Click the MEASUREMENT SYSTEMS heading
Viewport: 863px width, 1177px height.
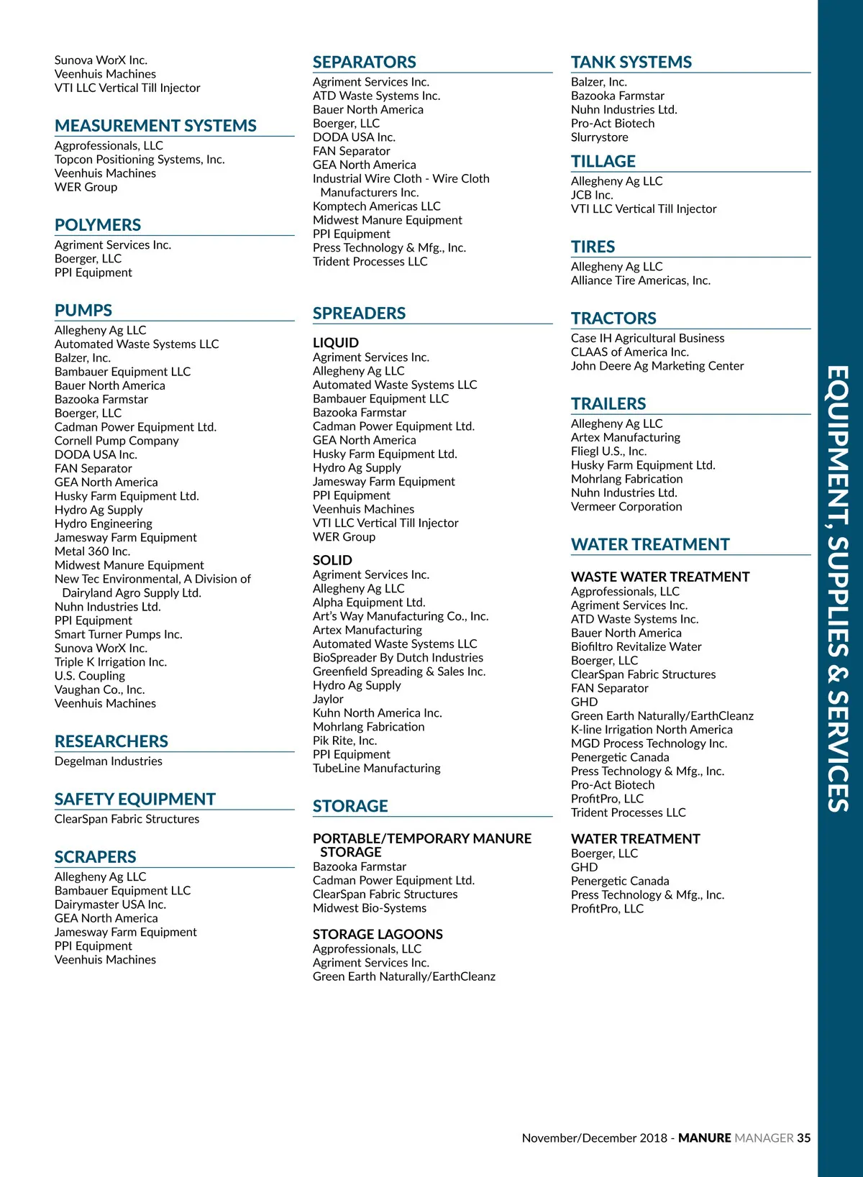155,126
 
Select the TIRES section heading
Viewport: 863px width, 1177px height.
593,247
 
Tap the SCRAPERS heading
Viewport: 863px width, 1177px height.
95,857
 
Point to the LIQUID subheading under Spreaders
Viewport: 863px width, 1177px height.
335,343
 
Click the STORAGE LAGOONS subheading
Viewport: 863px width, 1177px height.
378,934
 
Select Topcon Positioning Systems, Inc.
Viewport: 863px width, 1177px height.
140,160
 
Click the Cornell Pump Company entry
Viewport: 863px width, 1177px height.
117,441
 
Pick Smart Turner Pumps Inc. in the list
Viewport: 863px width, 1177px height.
118,634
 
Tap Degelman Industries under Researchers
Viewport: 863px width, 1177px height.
108,761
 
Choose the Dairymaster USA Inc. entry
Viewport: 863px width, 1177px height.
110,904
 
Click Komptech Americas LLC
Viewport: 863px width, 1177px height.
376,206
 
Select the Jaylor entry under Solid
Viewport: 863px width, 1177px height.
328,699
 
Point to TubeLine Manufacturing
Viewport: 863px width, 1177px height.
376,768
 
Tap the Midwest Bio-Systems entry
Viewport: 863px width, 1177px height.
369,908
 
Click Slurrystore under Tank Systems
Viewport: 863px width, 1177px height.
599,137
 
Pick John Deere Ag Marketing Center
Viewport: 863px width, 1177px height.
657,366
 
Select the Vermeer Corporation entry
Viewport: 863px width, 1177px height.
626,507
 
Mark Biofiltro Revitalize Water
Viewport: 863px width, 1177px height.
636,646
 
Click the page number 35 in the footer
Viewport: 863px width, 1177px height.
803,1138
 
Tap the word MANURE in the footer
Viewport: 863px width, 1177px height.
704,1138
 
